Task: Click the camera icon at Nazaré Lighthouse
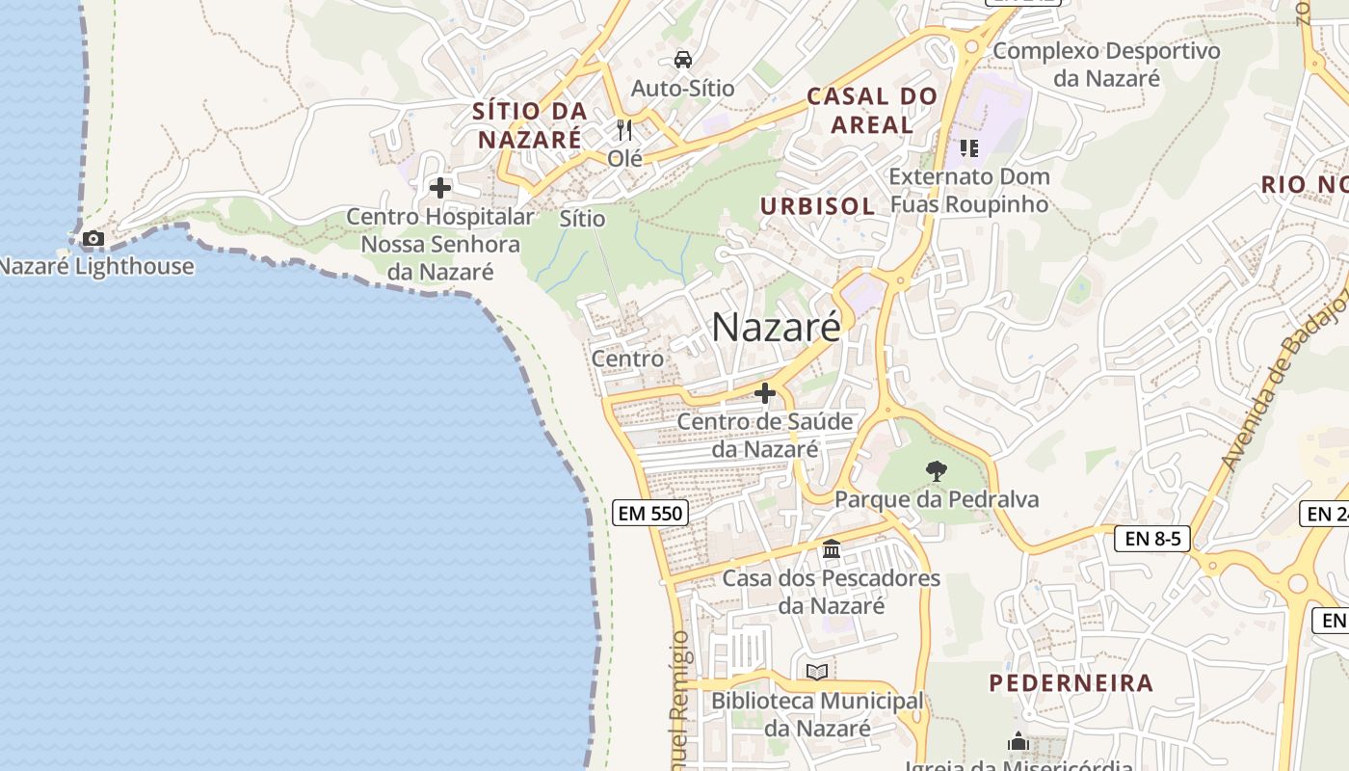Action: coord(93,238)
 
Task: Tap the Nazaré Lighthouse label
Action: coord(96,266)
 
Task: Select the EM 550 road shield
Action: coord(650,514)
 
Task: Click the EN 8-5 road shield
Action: coord(1151,538)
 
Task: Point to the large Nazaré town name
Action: coord(776,328)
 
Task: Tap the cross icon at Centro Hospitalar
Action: coord(440,188)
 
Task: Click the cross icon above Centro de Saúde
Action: coord(765,393)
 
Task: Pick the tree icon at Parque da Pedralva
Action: coord(936,471)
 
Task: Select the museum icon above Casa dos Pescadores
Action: coord(832,549)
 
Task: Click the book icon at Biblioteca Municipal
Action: coord(817,672)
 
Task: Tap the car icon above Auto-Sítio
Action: coord(683,60)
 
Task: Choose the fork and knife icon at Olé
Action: coord(624,129)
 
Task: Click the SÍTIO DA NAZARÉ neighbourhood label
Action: coord(529,125)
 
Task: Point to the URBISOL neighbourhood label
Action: coord(817,206)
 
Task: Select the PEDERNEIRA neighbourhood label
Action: coord(1071,683)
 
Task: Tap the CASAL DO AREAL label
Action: coord(872,110)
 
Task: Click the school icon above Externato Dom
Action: coord(969,148)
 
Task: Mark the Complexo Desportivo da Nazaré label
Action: coord(1106,65)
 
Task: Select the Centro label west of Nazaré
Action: coord(627,359)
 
